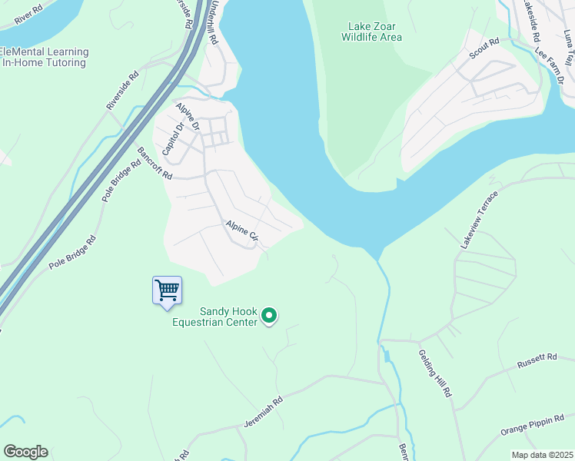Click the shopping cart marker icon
(x=167, y=291)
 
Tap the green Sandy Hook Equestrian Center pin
(x=269, y=315)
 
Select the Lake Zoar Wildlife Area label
(x=372, y=32)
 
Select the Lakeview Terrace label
(x=480, y=219)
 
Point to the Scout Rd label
(x=484, y=50)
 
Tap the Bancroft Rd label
(x=155, y=162)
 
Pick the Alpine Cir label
(x=242, y=234)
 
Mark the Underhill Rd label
(x=214, y=42)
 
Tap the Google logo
(x=25, y=452)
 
